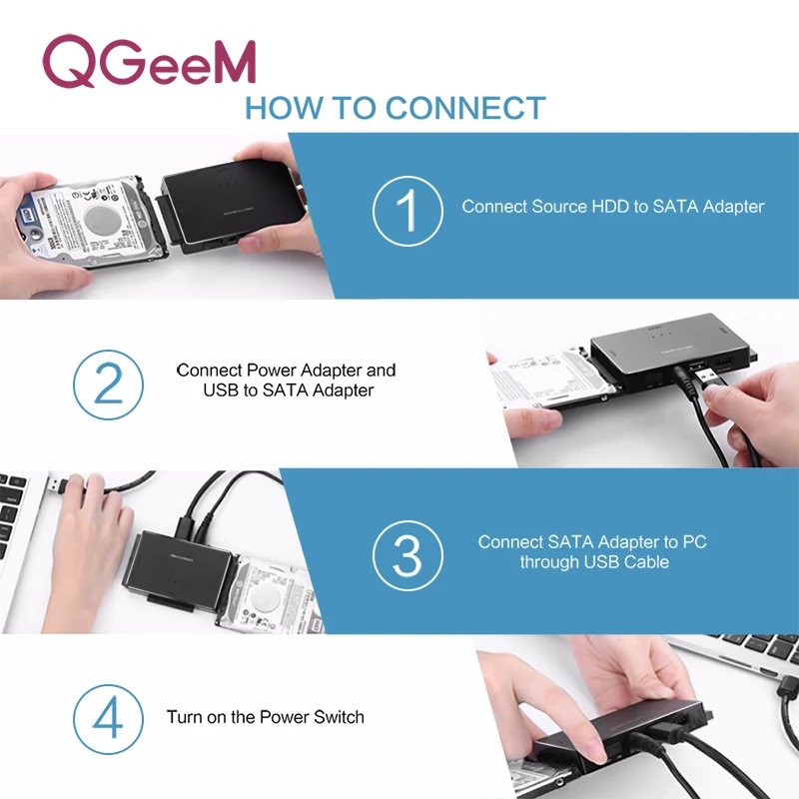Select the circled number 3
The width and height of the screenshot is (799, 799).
click(x=407, y=552)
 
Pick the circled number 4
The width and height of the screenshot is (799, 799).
click(x=107, y=717)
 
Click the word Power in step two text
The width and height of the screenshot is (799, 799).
click(x=270, y=371)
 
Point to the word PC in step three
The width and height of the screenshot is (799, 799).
click(x=694, y=542)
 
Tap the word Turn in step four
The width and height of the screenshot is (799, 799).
click(x=185, y=717)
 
